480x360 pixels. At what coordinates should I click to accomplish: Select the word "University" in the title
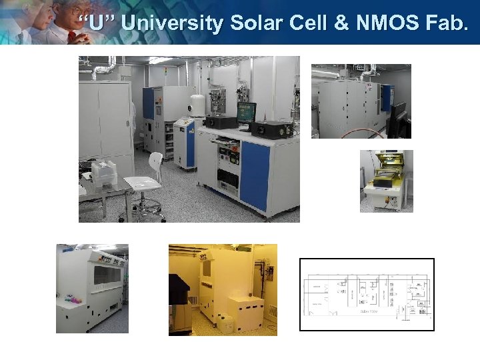tap(173, 24)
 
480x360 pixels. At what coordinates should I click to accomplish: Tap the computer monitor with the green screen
tap(246, 112)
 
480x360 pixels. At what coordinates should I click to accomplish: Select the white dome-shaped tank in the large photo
tap(197, 104)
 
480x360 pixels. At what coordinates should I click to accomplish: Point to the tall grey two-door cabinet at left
tap(105, 120)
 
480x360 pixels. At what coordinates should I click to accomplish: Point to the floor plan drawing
tap(367, 294)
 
